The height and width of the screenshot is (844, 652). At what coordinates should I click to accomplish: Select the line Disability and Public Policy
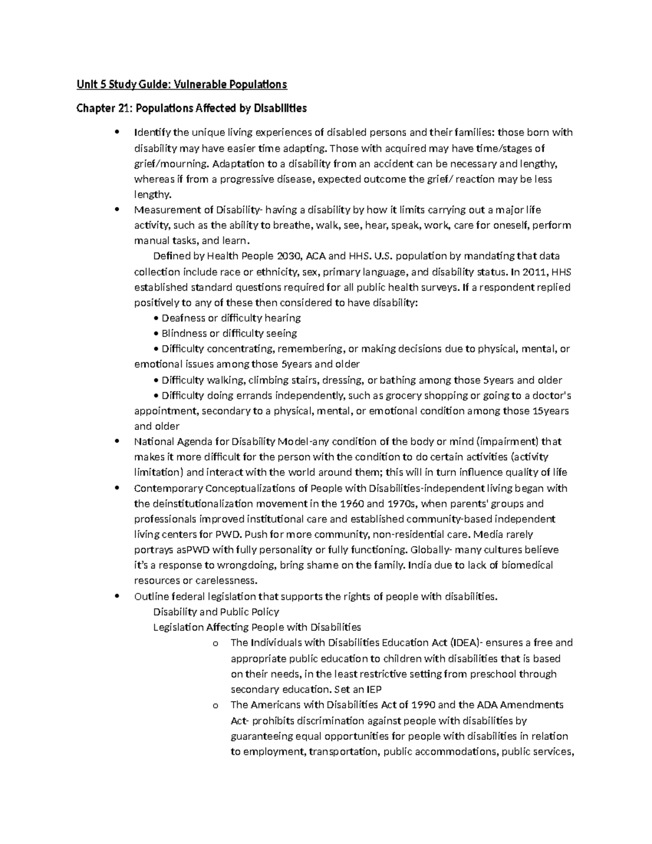point(216,612)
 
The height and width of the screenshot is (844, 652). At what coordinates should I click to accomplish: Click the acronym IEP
point(373,690)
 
